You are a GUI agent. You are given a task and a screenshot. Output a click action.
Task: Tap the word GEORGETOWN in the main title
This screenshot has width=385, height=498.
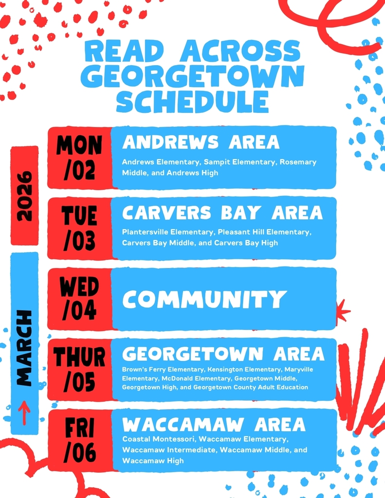(x=192, y=76)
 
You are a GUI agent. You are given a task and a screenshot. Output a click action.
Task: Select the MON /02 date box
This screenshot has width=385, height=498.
(x=80, y=158)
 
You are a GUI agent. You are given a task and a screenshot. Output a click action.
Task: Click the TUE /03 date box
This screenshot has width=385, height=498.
(x=80, y=228)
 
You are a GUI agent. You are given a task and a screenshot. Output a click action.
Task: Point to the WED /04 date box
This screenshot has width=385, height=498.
(x=80, y=299)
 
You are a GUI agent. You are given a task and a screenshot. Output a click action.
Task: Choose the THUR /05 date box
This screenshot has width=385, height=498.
(x=80, y=370)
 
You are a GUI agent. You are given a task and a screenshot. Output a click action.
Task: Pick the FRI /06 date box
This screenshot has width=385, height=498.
(x=80, y=440)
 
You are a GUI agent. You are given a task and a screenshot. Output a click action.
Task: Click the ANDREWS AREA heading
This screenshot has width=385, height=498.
(x=201, y=142)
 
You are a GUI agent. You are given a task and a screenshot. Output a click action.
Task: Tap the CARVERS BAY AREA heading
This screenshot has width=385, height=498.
(x=222, y=213)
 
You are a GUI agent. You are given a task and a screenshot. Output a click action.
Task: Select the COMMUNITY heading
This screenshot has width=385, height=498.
(x=204, y=299)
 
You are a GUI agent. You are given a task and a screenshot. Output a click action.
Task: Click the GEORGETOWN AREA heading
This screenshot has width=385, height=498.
(x=223, y=354)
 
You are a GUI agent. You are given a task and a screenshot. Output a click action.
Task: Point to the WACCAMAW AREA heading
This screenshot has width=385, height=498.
(x=214, y=425)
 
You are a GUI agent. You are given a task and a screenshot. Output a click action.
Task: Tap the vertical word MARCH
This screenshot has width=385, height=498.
(x=24, y=348)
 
